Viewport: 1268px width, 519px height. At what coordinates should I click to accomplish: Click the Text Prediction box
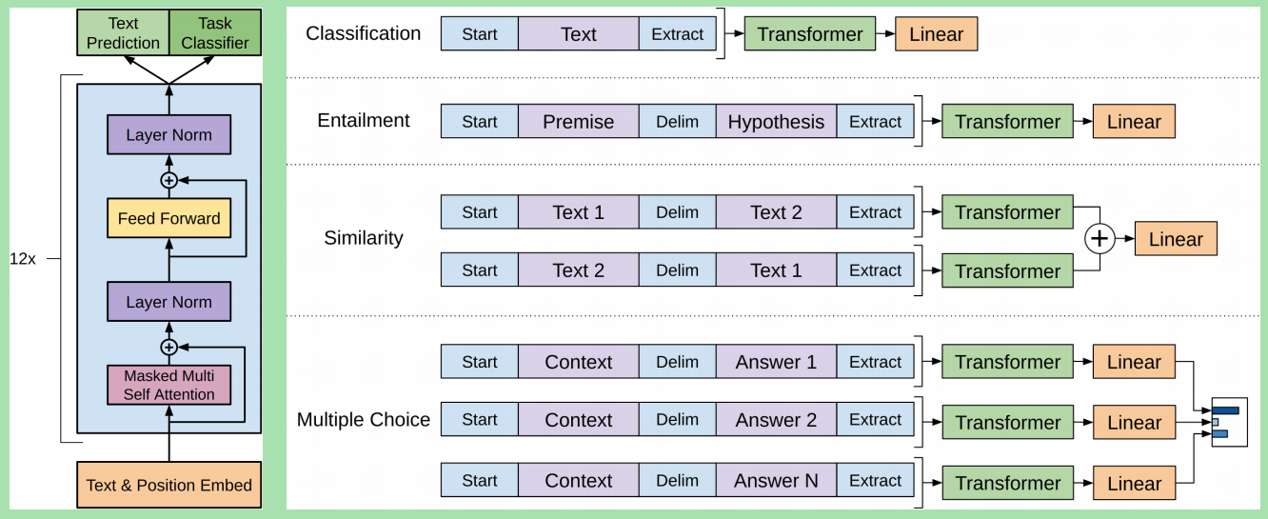coord(123,32)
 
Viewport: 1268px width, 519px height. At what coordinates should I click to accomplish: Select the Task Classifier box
coord(215,32)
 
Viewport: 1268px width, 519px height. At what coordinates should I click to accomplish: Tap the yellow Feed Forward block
coord(168,218)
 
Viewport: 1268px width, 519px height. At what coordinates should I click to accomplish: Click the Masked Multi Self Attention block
coord(168,385)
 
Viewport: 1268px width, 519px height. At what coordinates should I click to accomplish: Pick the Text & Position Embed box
coord(168,485)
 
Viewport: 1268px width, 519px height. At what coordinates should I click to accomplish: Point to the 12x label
coord(23,258)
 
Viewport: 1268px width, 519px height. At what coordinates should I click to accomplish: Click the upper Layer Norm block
coord(168,135)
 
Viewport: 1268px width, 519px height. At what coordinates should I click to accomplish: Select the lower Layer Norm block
coord(168,302)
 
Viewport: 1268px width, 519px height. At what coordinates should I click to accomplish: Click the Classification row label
coord(363,33)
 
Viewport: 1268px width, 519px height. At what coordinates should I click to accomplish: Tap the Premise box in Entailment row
coord(578,122)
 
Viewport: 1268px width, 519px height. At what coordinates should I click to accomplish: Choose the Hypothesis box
coord(776,122)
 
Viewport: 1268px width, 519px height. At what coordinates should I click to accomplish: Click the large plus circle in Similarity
coord(1100,239)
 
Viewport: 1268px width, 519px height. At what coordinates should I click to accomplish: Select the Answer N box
coord(776,481)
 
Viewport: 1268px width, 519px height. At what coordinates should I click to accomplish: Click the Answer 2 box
coord(776,420)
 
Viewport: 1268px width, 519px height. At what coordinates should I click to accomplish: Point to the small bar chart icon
coord(1228,422)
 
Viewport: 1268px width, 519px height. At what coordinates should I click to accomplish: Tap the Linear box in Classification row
coord(936,34)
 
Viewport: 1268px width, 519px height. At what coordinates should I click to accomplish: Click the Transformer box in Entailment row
coord(1007,122)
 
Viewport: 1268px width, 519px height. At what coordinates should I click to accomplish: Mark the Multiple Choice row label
coord(363,420)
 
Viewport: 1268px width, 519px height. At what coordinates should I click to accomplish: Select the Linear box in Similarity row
coord(1176,240)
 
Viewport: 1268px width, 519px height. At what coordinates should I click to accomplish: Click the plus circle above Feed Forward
coord(168,180)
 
